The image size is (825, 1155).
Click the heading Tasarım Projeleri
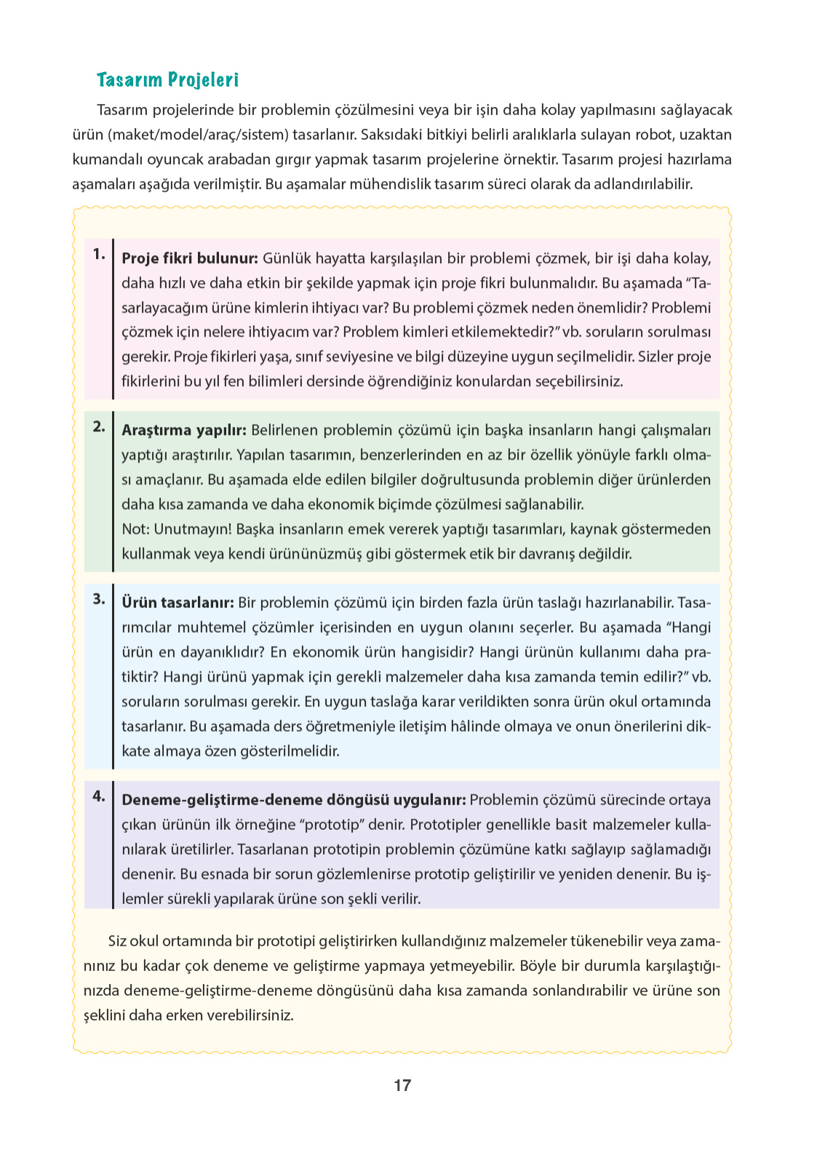coord(167,80)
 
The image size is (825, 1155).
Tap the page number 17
coord(402,1085)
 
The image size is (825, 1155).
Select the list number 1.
coord(99,255)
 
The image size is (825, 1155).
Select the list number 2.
coord(99,427)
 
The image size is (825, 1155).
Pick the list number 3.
coord(99,599)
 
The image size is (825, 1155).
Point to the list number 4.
coord(99,796)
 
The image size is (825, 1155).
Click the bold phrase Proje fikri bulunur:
coord(190,258)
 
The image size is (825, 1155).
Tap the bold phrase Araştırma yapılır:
coord(184,431)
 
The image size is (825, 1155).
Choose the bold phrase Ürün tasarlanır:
coord(178,603)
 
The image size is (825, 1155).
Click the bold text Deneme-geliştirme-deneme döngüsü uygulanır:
coord(294,800)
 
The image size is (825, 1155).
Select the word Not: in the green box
coord(136,529)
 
